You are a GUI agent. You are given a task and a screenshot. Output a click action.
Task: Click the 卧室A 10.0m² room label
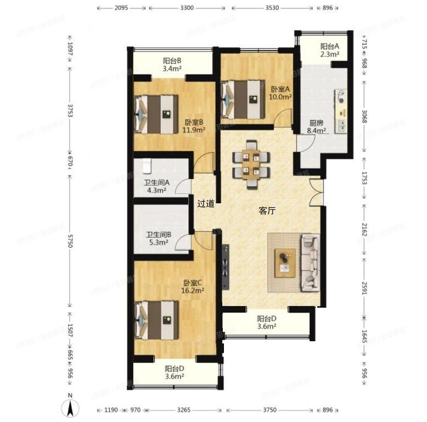tap(280, 93)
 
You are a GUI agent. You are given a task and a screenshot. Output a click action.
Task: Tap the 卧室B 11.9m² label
tap(194, 126)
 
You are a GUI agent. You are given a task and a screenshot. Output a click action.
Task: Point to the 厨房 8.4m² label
tap(317, 127)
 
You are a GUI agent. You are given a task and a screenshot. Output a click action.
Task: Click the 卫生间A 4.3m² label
tap(157, 187)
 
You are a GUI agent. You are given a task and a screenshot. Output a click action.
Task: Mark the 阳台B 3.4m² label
tap(172, 65)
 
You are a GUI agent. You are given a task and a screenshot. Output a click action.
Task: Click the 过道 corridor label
tap(206, 203)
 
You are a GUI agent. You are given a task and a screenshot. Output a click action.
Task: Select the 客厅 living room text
tap(267, 210)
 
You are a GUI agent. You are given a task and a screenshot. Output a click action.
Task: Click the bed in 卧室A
tap(240, 99)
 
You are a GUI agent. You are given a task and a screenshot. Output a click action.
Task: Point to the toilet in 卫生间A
tap(147, 165)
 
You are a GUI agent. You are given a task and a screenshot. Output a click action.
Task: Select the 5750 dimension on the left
tap(70, 245)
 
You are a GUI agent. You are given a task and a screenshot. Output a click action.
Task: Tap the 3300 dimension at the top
tap(188, 8)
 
